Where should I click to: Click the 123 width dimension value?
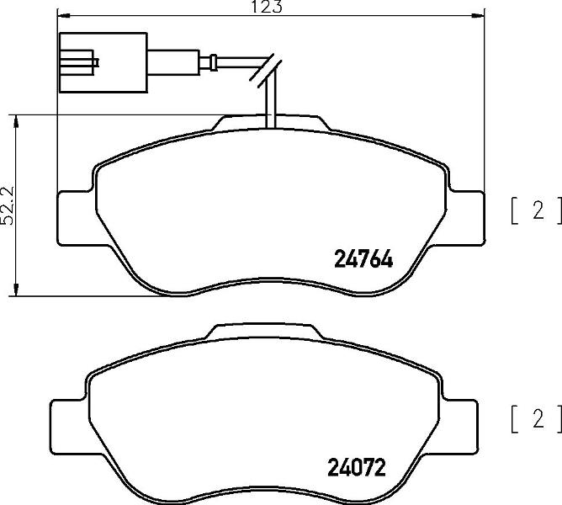tap(267, 7)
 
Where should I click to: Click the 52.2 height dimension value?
tap(8, 205)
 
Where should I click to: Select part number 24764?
tap(363, 259)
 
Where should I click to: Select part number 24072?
tap(357, 467)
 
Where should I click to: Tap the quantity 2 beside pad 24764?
tap(538, 210)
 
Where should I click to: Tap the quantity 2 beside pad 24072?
tap(538, 418)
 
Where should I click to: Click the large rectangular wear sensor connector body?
tap(103, 62)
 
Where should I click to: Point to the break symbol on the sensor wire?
tap(266, 71)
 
